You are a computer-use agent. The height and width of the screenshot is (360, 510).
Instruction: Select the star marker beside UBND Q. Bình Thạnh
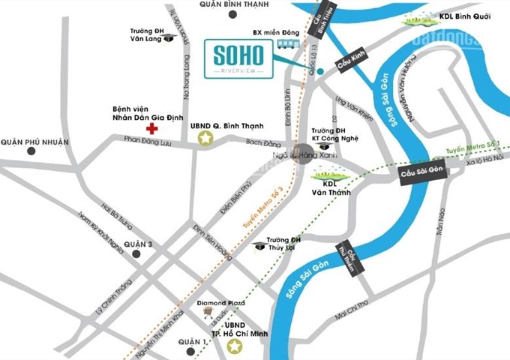tap(204, 138)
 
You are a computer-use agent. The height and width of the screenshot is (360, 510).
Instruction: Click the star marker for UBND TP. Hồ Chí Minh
tap(235, 346)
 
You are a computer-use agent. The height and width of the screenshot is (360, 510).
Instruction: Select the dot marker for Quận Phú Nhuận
tap(31, 151)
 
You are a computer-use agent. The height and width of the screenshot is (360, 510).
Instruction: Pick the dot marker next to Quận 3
tap(136, 253)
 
